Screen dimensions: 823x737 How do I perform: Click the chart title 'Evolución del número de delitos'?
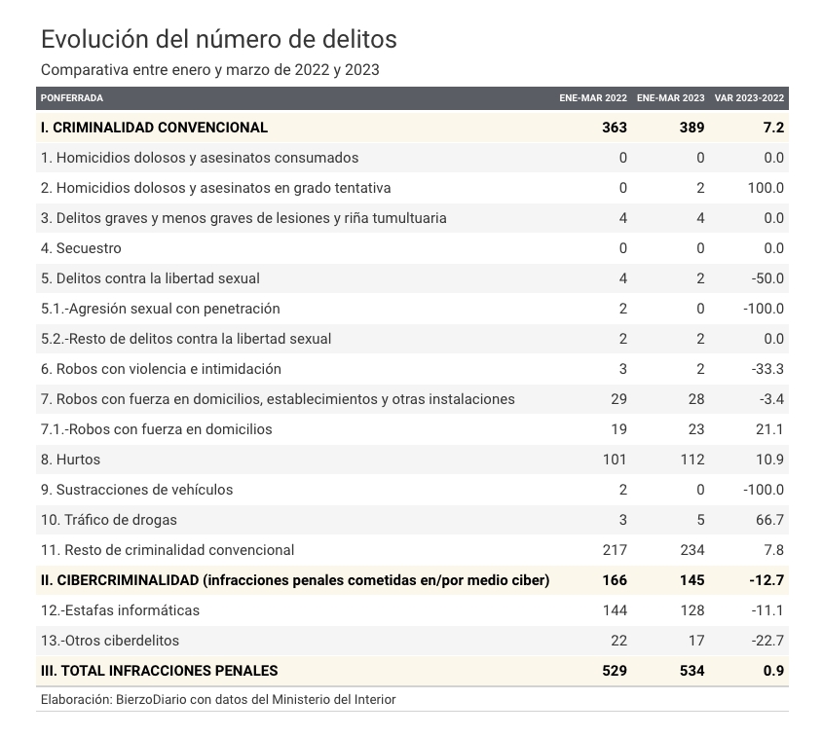coord(219,39)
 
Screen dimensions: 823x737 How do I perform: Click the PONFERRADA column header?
coord(72,98)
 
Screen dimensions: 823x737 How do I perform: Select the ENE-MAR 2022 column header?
coord(593,98)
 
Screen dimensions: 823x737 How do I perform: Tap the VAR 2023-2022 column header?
coord(749,98)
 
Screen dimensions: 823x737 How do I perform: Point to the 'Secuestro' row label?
coord(81,248)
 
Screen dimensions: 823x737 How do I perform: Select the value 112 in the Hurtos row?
coord(692,460)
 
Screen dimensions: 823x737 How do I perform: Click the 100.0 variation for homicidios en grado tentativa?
coord(766,188)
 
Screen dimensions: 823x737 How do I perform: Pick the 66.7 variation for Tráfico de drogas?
coord(769,520)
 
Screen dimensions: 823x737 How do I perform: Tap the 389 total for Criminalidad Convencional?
coord(692,128)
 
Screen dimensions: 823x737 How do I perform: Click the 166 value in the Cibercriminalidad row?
coord(615,580)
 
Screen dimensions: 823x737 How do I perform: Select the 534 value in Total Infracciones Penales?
coord(692,671)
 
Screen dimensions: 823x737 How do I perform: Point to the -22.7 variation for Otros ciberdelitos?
coord(767,641)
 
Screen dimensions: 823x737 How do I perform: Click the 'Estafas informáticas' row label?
coord(120,610)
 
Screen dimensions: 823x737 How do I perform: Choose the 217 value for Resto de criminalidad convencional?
coord(615,550)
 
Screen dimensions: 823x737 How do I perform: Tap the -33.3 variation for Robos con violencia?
coord(767,369)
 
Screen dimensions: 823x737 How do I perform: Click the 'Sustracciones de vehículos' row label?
coord(137,490)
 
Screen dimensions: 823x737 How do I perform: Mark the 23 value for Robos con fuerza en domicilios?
coord(696,429)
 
